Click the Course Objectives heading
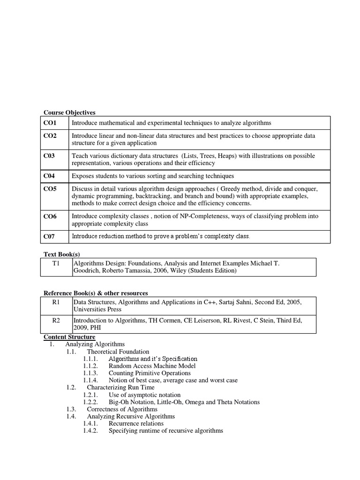click(69, 112)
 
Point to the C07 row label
click(49, 237)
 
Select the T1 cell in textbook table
click(57, 263)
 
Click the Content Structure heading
click(69, 337)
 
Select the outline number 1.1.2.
click(90, 366)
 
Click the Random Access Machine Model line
click(152, 366)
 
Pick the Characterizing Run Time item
click(120, 388)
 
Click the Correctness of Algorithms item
click(122, 409)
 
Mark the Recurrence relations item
click(136, 424)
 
